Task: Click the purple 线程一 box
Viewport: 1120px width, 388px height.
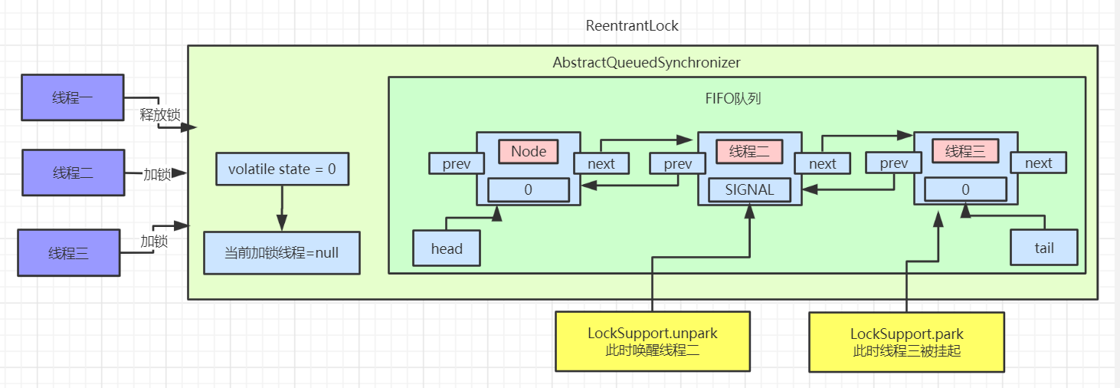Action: click(x=72, y=97)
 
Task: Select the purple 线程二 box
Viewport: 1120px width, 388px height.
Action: click(x=72, y=173)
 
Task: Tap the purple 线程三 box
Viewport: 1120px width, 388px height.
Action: click(x=68, y=252)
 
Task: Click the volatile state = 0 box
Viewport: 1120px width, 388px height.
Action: click(x=282, y=168)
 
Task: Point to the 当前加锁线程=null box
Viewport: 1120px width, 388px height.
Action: click(x=281, y=252)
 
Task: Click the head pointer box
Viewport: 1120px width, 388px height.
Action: click(x=447, y=248)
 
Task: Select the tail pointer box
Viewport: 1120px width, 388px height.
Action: click(x=1043, y=248)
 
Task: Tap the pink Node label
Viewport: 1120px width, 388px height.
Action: click(x=529, y=151)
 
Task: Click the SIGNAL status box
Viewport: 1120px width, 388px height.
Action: click(x=749, y=189)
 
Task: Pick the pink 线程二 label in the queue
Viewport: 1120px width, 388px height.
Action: click(x=748, y=151)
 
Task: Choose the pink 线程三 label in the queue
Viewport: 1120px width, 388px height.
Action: click(x=965, y=151)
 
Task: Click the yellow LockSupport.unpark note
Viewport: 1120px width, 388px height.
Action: click(x=652, y=341)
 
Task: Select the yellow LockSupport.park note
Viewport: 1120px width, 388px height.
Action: click(x=906, y=342)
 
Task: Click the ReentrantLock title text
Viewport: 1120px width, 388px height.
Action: click(x=632, y=25)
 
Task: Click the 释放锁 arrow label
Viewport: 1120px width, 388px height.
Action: click(x=159, y=115)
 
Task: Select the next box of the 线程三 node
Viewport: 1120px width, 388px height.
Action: click(x=1038, y=163)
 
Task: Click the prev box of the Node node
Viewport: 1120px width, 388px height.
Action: click(x=456, y=163)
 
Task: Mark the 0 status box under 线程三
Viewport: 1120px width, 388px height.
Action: click(x=964, y=189)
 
